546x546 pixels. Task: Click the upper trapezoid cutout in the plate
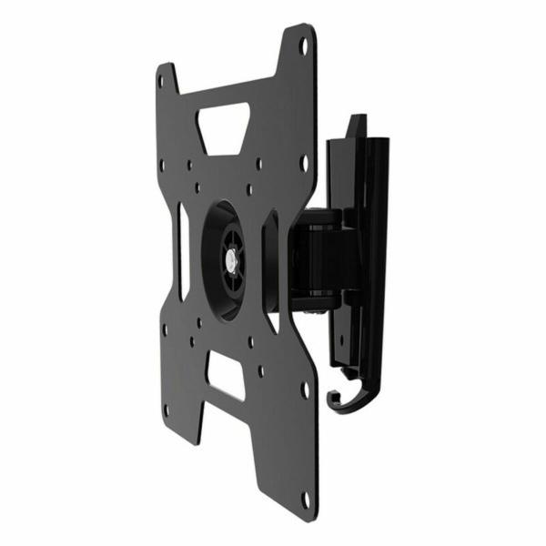[224, 125]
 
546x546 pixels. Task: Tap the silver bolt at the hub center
[231, 258]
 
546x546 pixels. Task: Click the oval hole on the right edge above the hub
[304, 164]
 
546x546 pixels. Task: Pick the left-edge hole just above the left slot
[163, 166]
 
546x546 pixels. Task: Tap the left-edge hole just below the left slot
[164, 330]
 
